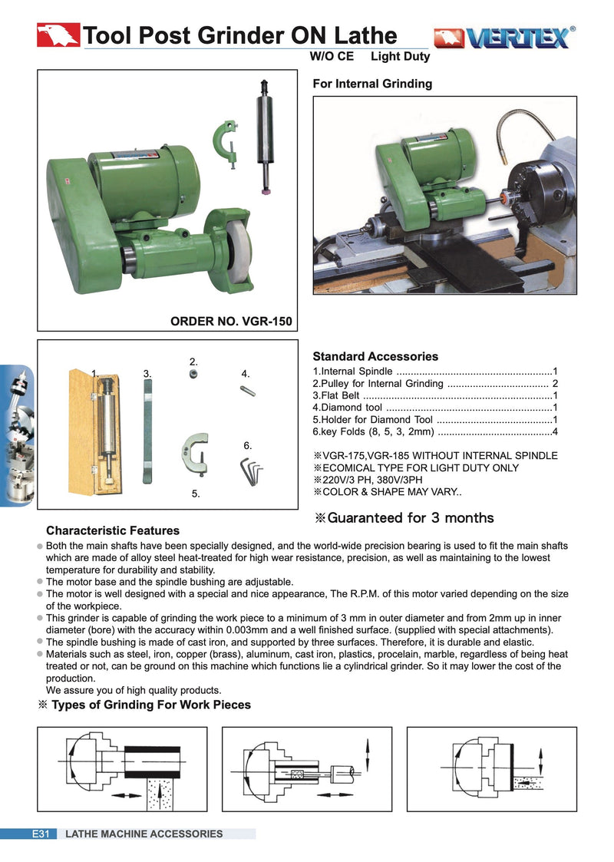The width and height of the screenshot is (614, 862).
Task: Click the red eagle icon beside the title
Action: tap(58, 35)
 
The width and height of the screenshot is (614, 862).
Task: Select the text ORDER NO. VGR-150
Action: tap(231, 321)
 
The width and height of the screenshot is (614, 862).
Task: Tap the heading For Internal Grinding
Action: tap(372, 84)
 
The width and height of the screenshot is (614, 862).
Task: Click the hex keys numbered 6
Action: tap(251, 469)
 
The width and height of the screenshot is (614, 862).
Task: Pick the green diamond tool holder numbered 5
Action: tap(194, 457)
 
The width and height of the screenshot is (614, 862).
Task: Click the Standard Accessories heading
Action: tap(375, 356)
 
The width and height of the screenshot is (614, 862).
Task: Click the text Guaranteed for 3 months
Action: tap(404, 518)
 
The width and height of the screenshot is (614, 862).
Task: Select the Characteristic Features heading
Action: tap(113, 530)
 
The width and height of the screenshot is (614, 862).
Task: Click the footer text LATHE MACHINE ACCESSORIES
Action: tap(144, 834)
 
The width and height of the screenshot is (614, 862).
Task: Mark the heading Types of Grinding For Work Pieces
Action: tap(150, 705)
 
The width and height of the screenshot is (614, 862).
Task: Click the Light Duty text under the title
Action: tap(400, 57)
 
